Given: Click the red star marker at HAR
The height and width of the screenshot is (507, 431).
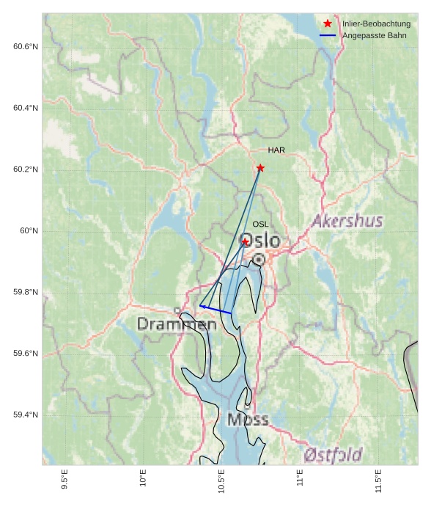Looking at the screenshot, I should [260, 168].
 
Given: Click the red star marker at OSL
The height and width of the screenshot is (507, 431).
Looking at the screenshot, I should [246, 242].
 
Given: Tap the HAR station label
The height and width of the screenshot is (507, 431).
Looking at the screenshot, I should [276, 150].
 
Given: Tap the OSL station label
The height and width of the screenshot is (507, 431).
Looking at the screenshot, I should [260, 225].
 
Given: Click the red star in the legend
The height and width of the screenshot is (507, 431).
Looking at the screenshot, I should [328, 24].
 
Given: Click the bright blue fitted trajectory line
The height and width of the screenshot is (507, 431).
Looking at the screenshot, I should [215, 310].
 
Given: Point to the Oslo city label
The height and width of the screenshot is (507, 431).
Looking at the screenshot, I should [259, 241].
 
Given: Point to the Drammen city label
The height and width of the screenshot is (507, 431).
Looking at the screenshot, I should [177, 324].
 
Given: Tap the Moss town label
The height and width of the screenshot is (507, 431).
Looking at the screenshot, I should [248, 420].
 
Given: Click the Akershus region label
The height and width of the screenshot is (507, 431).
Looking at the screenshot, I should [347, 221].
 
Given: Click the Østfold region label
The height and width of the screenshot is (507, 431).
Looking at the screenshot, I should [333, 455].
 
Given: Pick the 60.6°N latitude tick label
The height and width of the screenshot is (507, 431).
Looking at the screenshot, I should [26, 47].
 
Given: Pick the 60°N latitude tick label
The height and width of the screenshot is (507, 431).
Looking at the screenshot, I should [29, 231].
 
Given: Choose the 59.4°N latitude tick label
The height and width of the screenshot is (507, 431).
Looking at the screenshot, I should [26, 415].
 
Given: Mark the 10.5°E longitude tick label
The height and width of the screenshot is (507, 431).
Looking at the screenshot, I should [221, 481].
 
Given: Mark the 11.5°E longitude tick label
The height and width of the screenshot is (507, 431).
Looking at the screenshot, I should [378, 481].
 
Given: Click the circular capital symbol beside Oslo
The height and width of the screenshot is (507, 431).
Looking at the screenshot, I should [259, 259].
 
